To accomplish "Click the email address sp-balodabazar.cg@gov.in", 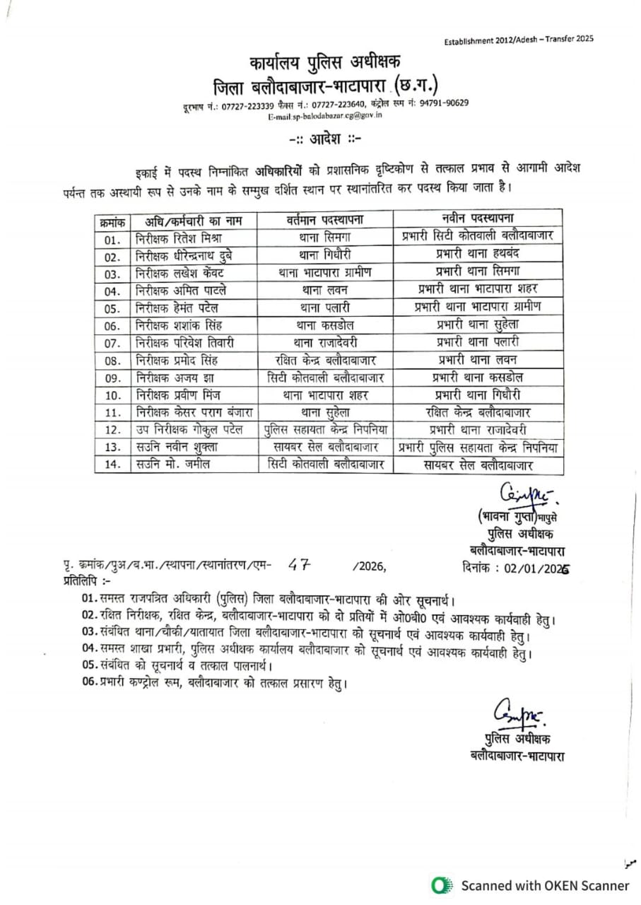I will (x=324, y=115).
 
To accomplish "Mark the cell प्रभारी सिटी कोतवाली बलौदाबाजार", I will (x=477, y=235).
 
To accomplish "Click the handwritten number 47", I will (x=300, y=564).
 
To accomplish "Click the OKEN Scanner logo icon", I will (x=442, y=884).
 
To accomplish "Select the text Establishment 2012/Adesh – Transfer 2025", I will (x=519, y=40).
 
